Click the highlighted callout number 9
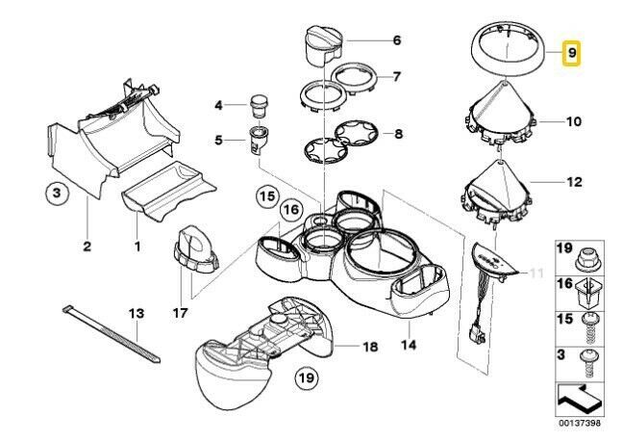[571, 53]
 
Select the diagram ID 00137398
[580, 424]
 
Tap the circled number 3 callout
[57, 194]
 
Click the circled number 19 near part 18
[307, 377]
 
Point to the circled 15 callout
[267, 196]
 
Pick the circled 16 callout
[291, 210]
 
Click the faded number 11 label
[536, 273]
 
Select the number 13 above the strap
[137, 313]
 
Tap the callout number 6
[397, 40]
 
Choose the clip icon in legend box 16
[588, 295]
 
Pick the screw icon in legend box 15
[589, 329]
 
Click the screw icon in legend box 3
[589, 364]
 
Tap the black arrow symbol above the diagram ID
[579, 399]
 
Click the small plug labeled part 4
[260, 105]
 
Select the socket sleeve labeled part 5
[259, 140]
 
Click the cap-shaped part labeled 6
[325, 46]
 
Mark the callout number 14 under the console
[409, 344]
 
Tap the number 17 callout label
[180, 313]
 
